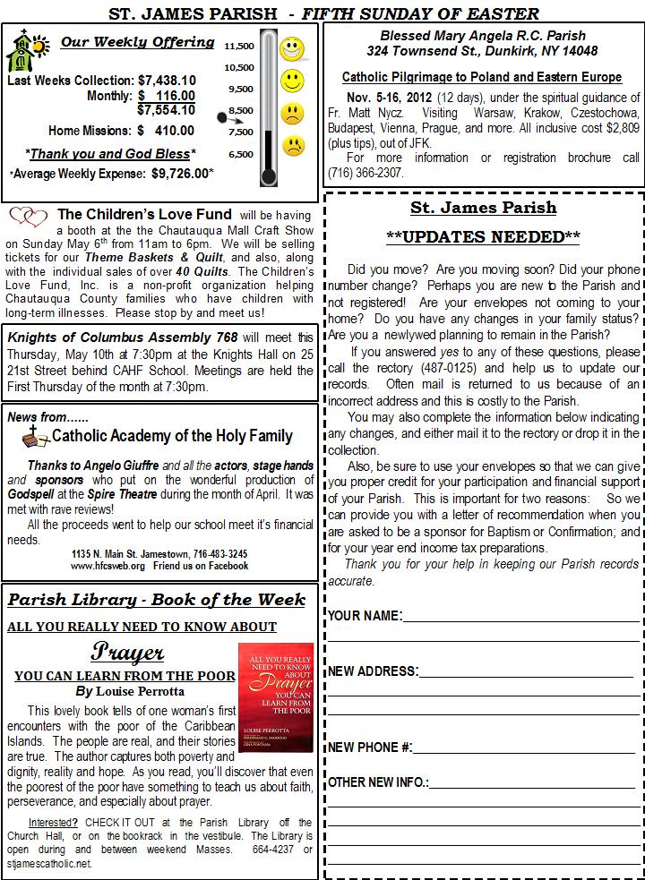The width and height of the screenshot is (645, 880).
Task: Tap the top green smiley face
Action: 292,47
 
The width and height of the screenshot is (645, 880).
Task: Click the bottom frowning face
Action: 292,147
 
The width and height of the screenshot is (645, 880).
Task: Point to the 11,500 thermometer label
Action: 239,46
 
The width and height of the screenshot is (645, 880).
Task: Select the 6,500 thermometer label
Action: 239,154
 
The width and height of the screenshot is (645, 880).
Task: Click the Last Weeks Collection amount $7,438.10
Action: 167,81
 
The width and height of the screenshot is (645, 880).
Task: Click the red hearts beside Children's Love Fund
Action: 28,217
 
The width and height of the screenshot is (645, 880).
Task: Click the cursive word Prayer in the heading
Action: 127,651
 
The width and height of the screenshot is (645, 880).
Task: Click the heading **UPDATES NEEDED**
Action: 483,237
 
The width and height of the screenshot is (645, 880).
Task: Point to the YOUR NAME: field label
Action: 364,616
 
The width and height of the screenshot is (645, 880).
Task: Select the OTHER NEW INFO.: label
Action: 377,782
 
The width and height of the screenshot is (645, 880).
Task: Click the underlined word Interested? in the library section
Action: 53,823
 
